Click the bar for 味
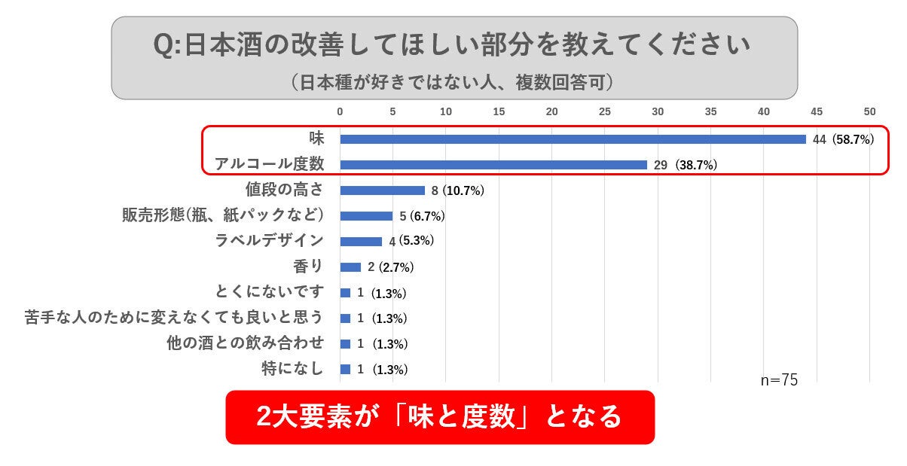573,139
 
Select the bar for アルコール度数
493,165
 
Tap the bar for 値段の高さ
382,190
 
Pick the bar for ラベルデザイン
361,242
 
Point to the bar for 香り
350,267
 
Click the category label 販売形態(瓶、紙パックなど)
223,215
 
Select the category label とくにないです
269,292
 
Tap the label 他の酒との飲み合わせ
245,343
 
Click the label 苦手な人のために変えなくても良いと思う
174,318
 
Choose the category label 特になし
292,369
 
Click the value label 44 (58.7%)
843,139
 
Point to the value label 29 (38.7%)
685,165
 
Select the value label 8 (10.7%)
458,190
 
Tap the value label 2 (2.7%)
392,267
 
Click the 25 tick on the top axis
604,111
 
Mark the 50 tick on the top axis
869,111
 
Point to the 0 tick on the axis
340,111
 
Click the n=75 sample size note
778,380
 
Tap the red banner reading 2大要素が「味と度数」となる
440,416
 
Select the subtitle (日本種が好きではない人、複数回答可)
453,81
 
